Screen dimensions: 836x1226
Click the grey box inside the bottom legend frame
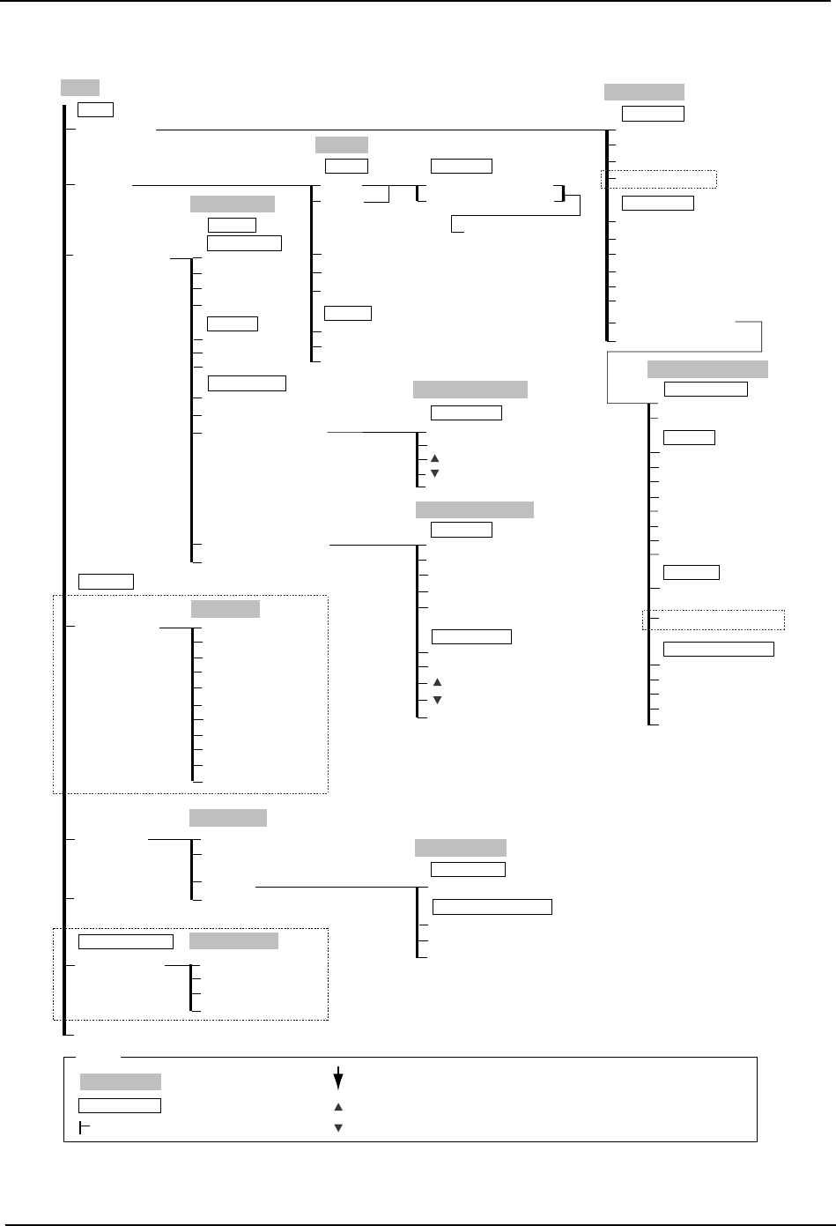tap(121, 1081)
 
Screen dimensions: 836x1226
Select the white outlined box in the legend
tap(120, 1105)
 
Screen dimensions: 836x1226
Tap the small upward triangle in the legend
tap(337, 1106)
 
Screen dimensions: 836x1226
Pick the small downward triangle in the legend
tap(337, 1127)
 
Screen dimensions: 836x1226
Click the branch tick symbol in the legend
tap(83, 1127)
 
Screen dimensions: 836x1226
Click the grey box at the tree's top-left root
tap(79, 87)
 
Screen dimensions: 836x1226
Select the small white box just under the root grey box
tap(96, 109)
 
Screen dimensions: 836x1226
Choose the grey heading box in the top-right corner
tap(644, 93)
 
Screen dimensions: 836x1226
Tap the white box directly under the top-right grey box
tap(653, 113)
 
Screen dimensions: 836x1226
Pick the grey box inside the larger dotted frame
tap(226, 609)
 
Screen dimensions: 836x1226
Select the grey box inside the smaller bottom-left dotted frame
tap(233, 940)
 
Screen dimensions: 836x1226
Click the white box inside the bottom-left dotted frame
tap(126, 941)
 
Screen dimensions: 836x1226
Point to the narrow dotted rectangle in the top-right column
tap(658, 180)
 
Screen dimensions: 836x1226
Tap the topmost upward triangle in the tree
tap(435, 458)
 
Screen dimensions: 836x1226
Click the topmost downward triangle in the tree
tap(435, 473)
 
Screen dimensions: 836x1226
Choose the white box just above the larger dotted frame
tap(106, 581)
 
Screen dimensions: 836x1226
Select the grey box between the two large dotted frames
tap(228, 818)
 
